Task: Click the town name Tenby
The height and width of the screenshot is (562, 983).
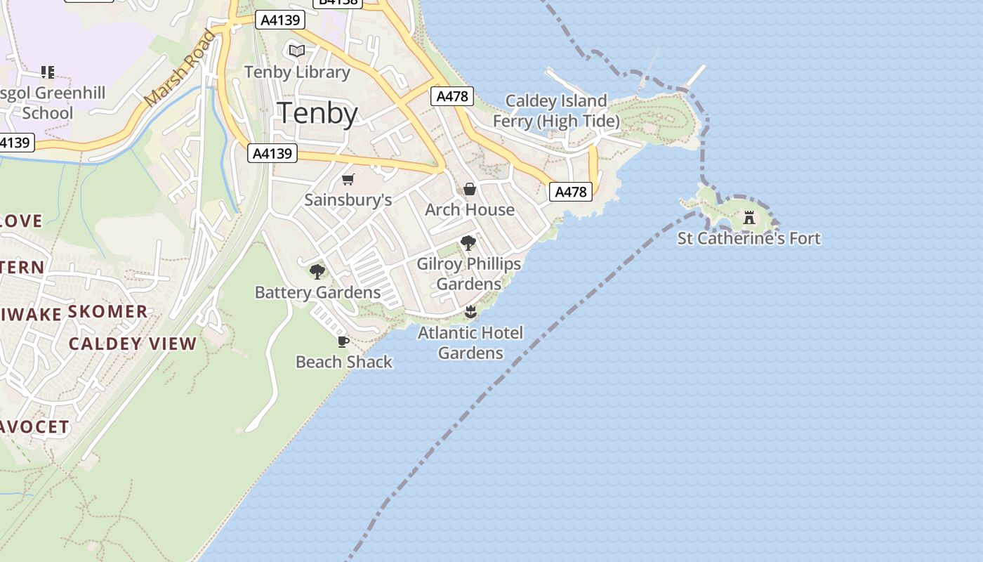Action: [318, 113]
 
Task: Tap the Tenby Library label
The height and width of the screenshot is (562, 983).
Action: [297, 72]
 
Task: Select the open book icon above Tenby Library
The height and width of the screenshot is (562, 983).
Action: [297, 51]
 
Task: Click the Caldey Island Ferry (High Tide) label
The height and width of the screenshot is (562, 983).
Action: [556, 111]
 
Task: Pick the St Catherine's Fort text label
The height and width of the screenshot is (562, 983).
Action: [748, 238]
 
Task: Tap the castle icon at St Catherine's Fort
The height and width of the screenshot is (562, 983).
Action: [749, 218]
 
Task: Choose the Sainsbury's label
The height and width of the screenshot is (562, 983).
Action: [348, 200]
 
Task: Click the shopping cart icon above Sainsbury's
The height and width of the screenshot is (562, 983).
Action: [348, 179]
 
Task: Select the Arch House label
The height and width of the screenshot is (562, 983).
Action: [470, 209]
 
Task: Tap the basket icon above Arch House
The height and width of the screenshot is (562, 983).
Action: [470, 189]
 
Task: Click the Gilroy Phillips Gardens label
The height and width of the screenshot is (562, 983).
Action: [469, 273]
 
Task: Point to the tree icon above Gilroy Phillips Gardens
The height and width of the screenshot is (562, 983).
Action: [468, 244]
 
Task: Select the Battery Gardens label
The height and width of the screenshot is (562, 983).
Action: [317, 292]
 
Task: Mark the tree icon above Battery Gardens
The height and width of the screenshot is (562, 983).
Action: [317, 272]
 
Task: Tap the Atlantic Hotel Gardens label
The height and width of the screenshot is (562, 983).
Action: [470, 342]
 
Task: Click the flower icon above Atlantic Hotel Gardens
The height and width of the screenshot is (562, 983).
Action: [470, 312]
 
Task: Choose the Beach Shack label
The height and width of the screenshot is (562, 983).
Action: [344, 362]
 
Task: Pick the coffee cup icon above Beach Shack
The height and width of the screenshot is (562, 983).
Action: [343, 341]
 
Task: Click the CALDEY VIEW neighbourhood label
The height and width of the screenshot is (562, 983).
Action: [133, 344]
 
